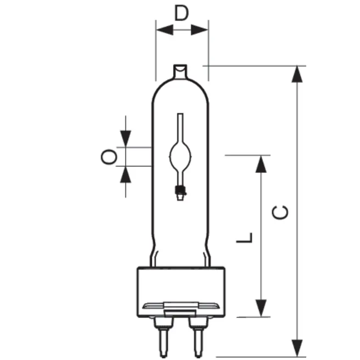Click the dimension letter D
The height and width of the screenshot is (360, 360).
click(x=182, y=14)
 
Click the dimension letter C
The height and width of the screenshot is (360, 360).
click(x=281, y=212)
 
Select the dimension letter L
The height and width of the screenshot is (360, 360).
click(x=244, y=238)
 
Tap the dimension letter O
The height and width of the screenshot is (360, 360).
click(x=109, y=157)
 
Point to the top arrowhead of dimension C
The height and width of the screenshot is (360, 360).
click(x=298, y=75)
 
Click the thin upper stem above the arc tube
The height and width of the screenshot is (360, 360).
click(x=181, y=127)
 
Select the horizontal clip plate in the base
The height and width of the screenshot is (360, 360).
click(x=181, y=305)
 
